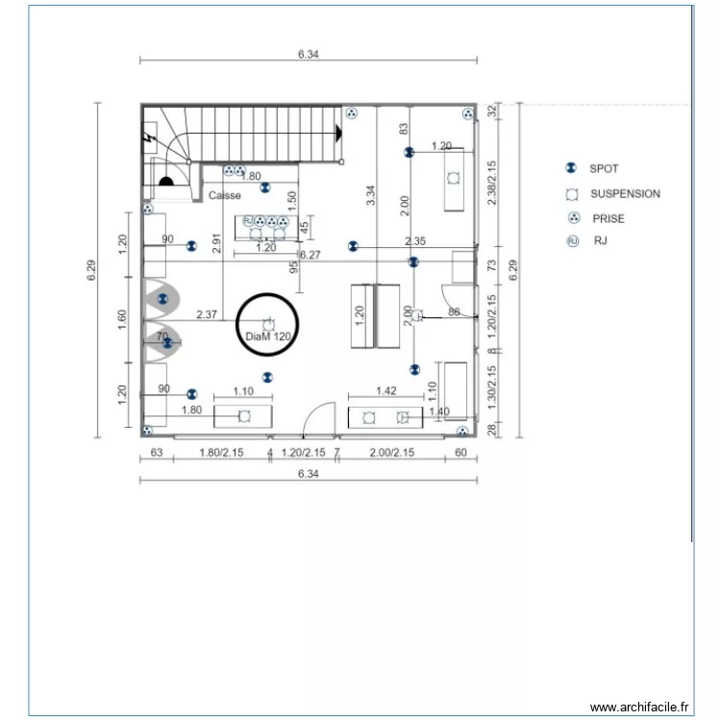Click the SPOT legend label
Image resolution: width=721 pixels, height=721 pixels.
pos(604,168)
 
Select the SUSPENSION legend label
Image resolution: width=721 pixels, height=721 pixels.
pos(625,193)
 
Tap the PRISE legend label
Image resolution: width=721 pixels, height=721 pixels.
pos(608,218)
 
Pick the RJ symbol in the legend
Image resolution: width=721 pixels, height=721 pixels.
pos(573,241)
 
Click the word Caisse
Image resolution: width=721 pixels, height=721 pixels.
pos(225,195)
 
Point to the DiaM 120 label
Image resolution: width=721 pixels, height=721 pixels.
pos(267,337)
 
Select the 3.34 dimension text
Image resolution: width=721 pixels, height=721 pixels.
pos(371,195)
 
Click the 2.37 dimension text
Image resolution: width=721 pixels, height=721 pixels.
pos(206,313)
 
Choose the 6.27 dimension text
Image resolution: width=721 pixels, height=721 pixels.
pos(310,255)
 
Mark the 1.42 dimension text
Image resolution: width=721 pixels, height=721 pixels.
pos(386,391)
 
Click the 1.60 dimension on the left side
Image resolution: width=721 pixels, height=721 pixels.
pos(122,319)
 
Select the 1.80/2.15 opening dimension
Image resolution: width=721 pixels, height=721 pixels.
pos(220,452)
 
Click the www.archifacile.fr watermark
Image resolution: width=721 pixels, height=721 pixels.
pos(639,707)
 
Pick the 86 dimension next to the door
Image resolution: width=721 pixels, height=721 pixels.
pos(455,312)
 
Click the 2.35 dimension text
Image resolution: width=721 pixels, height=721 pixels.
pos(415,241)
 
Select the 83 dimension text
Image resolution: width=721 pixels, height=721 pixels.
pos(404,128)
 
